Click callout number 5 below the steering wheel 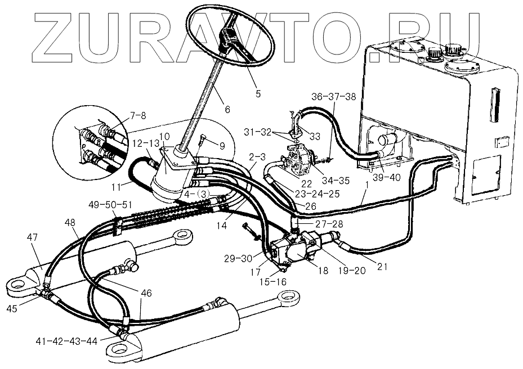coord(258,93)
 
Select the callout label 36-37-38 coord(333,97)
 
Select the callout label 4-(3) coord(198,194)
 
